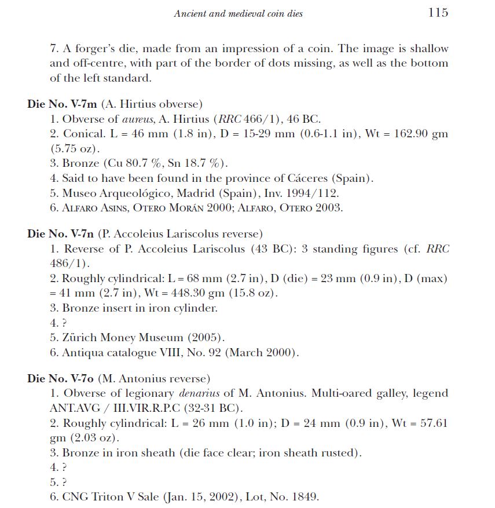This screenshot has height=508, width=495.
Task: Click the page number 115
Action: [438, 12]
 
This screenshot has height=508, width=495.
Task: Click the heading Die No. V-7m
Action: [62, 105]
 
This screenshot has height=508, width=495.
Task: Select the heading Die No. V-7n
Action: [61, 234]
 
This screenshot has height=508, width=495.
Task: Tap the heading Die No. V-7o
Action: [60, 379]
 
